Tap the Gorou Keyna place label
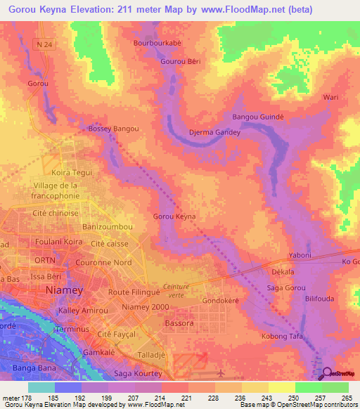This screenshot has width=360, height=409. pyautogui.click(x=174, y=216)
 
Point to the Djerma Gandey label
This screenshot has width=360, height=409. pyautogui.click(x=211, y=132)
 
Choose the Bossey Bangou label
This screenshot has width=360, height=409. pyautogui.click(x=112, y=129)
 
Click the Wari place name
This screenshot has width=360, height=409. pyautogui.click(x=330, y=97)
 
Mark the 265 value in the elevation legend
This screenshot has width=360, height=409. pyautogui.click(x=345, y=398)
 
